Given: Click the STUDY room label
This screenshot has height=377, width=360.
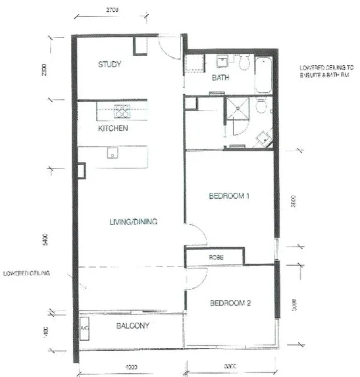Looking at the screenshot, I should click(x=111, y=64).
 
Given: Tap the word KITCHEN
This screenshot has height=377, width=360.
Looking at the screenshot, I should click(x=113, y=129).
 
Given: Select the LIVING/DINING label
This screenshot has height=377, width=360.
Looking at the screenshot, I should click(x=135, y=222).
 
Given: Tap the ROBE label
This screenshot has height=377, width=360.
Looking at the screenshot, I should click(x=217, y=257).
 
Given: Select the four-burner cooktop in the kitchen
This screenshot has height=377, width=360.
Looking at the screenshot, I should click(x=122, y=110).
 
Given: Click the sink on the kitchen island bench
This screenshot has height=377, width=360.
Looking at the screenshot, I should click(x=113, y=155).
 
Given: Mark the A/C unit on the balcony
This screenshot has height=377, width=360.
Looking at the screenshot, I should click(x=84, y=326).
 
